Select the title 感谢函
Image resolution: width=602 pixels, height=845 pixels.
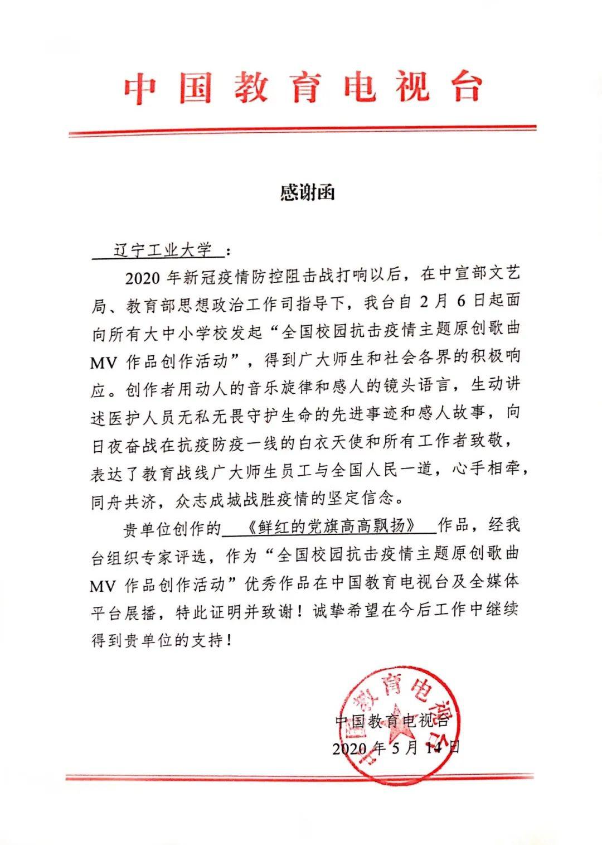[307, 192]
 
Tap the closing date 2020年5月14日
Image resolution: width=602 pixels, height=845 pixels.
[396, 747]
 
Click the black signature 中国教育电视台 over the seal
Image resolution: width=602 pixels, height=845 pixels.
[392, 721]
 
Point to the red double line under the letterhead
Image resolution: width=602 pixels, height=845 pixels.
[302, 131]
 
